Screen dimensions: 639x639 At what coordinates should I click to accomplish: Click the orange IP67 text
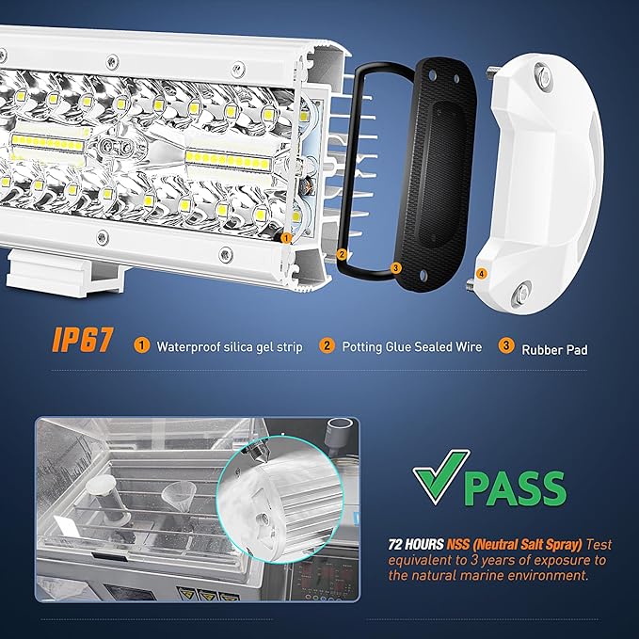point(82,340)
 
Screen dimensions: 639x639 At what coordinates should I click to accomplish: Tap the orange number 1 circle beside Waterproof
point(142,345)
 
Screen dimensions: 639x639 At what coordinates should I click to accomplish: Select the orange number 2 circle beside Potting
point(327,345)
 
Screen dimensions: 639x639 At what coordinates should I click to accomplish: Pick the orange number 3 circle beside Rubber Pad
point(505,345)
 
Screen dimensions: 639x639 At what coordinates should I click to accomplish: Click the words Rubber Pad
point(554,350)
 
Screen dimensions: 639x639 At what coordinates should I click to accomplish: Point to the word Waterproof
point(188,347)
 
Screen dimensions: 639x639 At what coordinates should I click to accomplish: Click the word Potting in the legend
point(362,347)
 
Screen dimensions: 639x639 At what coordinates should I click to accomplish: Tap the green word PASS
point(515,488)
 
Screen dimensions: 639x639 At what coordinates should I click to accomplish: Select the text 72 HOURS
point(416,545)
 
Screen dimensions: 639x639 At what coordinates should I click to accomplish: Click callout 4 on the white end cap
point(482,274)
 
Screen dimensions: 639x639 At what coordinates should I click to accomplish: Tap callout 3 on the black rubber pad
point(395,268)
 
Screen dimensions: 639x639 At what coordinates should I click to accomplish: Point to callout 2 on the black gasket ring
point(342,255)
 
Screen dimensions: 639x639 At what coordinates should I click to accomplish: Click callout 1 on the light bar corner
point(286,237)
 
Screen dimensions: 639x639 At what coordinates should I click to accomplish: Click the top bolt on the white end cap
point(543,76)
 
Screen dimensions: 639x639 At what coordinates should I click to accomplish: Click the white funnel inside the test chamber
point(179,493)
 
